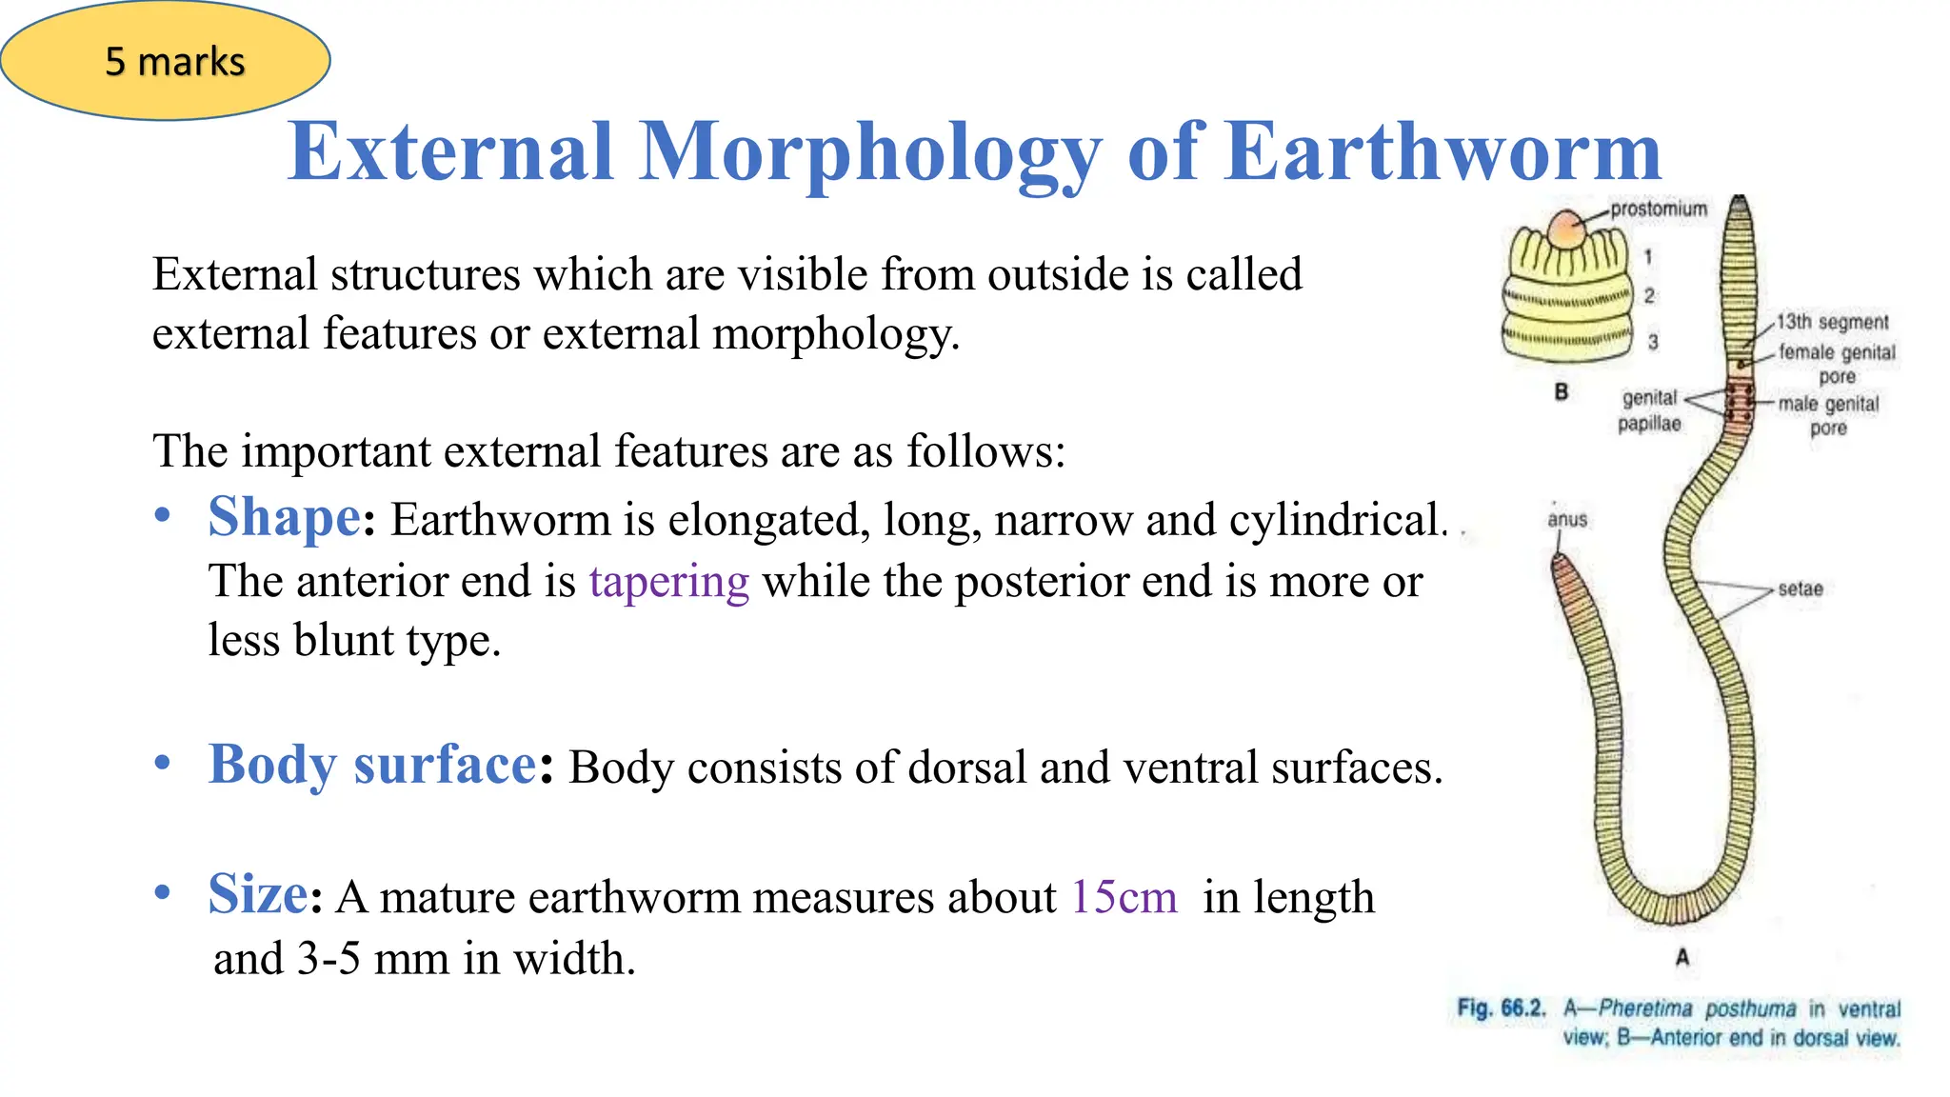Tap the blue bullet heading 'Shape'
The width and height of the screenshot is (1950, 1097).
point(284,518)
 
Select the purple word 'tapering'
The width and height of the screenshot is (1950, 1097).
point(668,581)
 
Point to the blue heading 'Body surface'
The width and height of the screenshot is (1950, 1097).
point(372,765)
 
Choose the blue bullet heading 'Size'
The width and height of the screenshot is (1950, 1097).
point(258,895)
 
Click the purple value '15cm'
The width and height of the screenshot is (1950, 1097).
point(1124,897)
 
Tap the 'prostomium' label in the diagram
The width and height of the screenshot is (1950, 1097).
point(1659,209)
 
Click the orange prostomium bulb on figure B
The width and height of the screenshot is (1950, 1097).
point(1566,229)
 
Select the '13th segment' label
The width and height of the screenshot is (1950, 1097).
point(1832,322)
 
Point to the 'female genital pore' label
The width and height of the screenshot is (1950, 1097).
point(1837,364)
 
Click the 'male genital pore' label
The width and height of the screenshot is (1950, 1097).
point(1828,415)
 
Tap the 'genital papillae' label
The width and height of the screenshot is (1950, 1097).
point(1649,410)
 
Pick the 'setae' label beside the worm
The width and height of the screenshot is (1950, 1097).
point(1800,589)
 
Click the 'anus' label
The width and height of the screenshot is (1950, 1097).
point(1567,520)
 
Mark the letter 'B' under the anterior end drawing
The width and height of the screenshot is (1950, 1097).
point(1562,391)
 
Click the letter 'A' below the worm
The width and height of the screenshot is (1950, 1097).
point(1682,957)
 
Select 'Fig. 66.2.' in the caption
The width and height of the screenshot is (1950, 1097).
point(1501,1007)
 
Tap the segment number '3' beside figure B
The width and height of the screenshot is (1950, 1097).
point(1653,341)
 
